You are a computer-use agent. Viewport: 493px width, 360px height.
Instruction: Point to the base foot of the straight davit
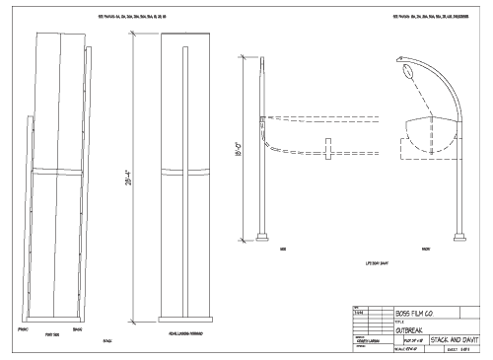pos(263,236)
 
